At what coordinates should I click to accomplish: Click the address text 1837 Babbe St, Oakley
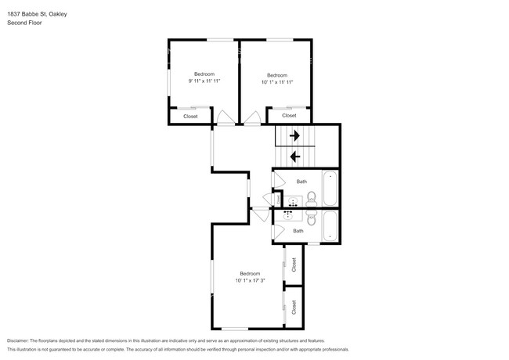point(37,14)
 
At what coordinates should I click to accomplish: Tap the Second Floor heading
point(24,23)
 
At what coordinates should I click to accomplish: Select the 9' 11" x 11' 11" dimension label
point(204,81)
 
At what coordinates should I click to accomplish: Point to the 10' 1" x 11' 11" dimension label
point(277,82)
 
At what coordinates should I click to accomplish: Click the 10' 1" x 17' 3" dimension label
point(250,280)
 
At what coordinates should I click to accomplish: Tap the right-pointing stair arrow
point(294,135)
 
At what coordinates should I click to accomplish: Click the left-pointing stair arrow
point(295,157)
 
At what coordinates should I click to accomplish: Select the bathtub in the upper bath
point(330,189)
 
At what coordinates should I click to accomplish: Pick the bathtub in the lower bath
point(330,226)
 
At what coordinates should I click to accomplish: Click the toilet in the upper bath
point(312,199)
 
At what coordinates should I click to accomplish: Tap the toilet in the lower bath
point(312,218)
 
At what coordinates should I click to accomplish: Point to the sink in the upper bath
point(293,202)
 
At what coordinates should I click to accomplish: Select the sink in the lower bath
point(288,214)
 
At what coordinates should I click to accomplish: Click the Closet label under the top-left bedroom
point(190,117)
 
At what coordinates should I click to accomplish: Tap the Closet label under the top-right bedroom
point(289,116)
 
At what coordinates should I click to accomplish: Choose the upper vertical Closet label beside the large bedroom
point(294,265)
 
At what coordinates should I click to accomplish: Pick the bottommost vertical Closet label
point(294,307)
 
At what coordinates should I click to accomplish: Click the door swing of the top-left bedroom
point(226,117)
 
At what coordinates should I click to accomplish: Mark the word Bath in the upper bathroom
point(301,182)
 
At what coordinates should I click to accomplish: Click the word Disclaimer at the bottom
point(18,341)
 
